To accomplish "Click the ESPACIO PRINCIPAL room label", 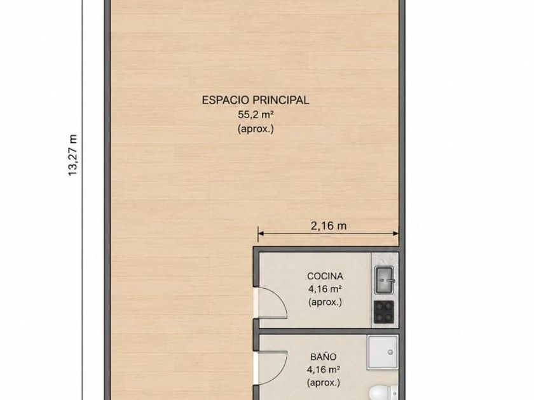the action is point(256,100).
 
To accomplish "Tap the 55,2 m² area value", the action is point(256,115).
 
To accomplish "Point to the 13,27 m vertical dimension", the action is point(73,155).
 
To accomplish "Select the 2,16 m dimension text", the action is point(329,225).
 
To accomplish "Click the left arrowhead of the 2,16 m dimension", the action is point(261,234).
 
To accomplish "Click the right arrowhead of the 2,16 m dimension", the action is point(395,234).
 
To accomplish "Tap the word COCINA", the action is point(325,276).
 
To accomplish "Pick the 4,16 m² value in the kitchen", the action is point(325,289).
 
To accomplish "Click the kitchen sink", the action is point(384,280).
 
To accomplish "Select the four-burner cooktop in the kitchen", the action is point(384,312).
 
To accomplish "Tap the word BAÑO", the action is point(324,357).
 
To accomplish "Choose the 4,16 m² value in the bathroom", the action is point(324,370).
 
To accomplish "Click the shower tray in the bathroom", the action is point(383,352).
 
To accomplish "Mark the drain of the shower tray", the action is point(390,352).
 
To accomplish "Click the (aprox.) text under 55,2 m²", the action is point(256,130).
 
